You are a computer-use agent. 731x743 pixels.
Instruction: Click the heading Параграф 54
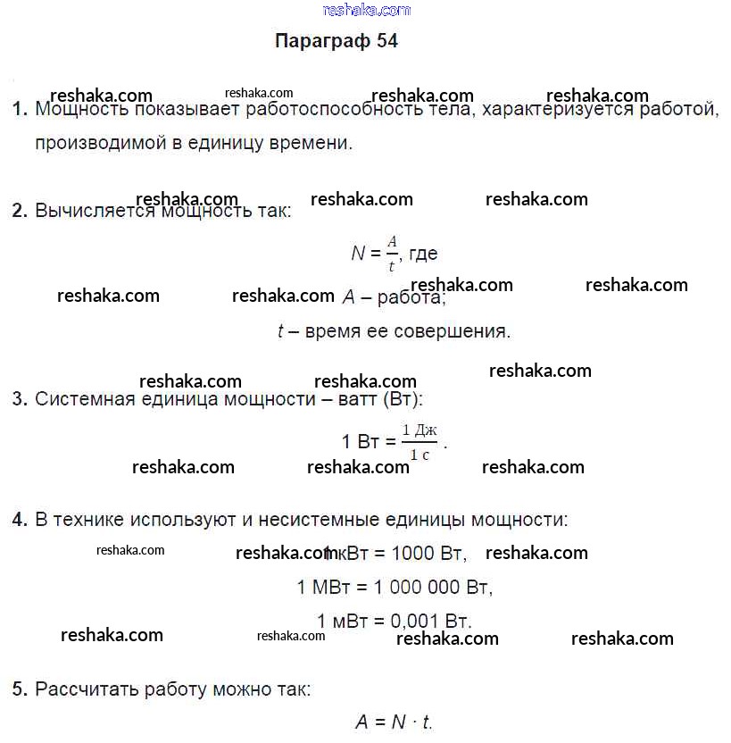(x=336, y=42)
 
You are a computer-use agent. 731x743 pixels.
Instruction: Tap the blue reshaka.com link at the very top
(x=366, y=10)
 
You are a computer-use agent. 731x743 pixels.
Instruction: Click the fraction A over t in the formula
(x=391, y=254)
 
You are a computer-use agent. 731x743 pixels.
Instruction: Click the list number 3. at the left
(x=21, y=399)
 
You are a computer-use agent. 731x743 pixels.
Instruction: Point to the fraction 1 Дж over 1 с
(x=419, y=442)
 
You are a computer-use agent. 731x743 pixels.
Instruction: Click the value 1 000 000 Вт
(x=433, y=588)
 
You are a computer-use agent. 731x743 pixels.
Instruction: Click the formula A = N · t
(x=394, y=722)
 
